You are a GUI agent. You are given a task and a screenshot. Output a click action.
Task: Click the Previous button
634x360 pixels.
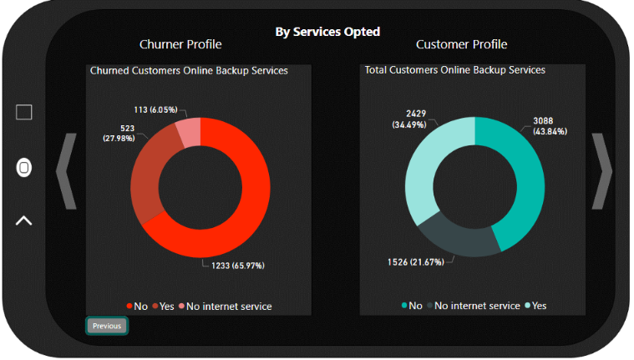(x=107, y=326)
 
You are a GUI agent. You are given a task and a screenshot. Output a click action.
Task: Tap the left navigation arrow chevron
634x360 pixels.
(x=66, y=171)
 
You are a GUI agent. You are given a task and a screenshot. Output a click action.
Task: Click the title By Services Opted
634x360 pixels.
(x=327, y=32)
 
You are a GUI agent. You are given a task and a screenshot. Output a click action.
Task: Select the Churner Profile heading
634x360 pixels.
(x=180, y=44)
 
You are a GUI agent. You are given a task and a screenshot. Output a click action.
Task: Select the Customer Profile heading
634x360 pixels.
(x=461, y=44)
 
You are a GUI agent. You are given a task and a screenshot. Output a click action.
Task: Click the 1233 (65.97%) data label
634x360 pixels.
(x=232, y=266)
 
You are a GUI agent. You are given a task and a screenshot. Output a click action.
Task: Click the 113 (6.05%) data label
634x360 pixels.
(x=156, y=109)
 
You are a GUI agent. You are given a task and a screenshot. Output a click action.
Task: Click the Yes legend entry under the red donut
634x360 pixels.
(x=164, y=307)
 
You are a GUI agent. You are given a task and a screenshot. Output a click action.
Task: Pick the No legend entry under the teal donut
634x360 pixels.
(x=412, y=306)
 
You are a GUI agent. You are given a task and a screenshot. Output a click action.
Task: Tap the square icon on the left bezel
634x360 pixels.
(x=24, y=112)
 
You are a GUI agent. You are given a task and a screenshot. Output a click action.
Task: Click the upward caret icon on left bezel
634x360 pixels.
(x=24, y=221)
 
